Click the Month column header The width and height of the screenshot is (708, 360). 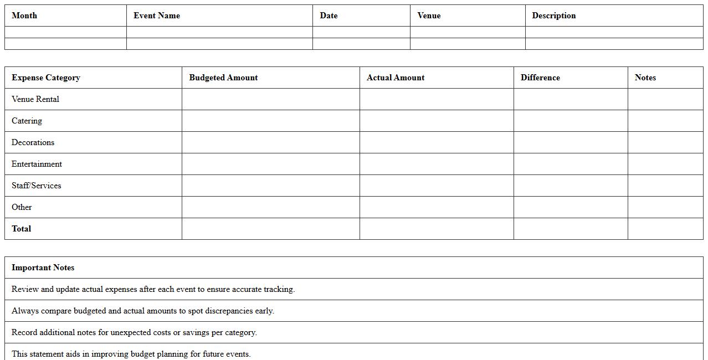tap(24, 16)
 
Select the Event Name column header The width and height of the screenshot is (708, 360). tap(157, 16)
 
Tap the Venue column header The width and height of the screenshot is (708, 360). tap(429, 16)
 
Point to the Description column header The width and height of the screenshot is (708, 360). tap(553, 16)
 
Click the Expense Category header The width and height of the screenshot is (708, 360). tap(46, 78)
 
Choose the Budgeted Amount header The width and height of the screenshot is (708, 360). tap(223, 78)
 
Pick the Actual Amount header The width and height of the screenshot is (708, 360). tap(396, 78)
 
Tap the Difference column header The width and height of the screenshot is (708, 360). tap(540, 78)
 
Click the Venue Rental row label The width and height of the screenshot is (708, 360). tap(35, 99)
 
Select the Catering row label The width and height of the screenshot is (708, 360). tap(27, 121)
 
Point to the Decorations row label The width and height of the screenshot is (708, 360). tap(33, 142)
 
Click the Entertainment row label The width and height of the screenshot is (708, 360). tap(37, 164)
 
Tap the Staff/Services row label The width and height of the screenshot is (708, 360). tap(37, 186)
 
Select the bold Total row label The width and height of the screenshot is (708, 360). tap(22, 229)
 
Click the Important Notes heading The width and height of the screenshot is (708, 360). tap(43, 268)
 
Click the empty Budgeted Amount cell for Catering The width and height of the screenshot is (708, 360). tap(270, 121)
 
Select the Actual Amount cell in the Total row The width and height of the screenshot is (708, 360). tap(437, 229)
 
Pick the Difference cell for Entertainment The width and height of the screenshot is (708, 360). tap(571, 164)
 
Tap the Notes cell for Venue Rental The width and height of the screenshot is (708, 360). tap(665, 99)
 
